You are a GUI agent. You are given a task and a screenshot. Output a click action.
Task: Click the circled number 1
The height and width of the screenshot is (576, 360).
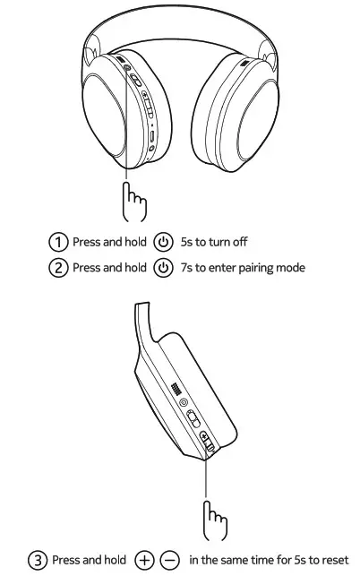pyautogui.click(x=58, y=243)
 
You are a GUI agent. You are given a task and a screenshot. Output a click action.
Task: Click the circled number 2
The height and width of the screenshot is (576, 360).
pyautogui.click(x=58, y=268)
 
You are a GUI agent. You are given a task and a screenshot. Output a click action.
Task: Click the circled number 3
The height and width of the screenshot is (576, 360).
pyautogui.click(x=38, y=560)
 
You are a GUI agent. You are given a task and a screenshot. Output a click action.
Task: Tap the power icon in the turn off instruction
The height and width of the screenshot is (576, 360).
pyautogui.click(x=163, y=243)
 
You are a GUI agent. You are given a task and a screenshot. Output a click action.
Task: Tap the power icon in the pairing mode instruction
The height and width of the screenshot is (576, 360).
pyautogui.click(x=163, y=268)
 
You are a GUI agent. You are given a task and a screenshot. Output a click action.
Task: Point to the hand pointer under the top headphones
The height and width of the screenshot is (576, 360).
pyautogui.click(x=134, y=202)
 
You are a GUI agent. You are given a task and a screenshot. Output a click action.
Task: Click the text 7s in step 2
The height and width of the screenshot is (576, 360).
pyautogui.click(x=187, y=268)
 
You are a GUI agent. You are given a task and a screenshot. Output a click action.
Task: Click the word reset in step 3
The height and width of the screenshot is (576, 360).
pyautogui.click(x=335, y=560)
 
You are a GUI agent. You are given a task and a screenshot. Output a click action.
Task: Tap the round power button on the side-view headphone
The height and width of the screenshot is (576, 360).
pyautogui.click(x=185, y=403)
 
